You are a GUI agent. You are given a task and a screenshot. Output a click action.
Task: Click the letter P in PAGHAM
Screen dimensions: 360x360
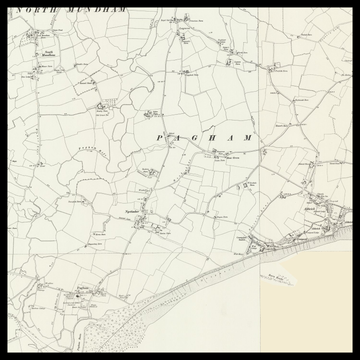pyautogui.click(x=161, y=136)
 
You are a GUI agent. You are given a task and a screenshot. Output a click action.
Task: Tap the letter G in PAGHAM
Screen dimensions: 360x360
pyautogui.click(x=197, y=136)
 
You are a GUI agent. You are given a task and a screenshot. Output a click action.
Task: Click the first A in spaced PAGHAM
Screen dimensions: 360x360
pyautogui.click(x=179, y=136)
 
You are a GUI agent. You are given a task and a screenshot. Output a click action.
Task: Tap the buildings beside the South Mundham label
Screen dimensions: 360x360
pyautogui.click(x=40, y=68)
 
